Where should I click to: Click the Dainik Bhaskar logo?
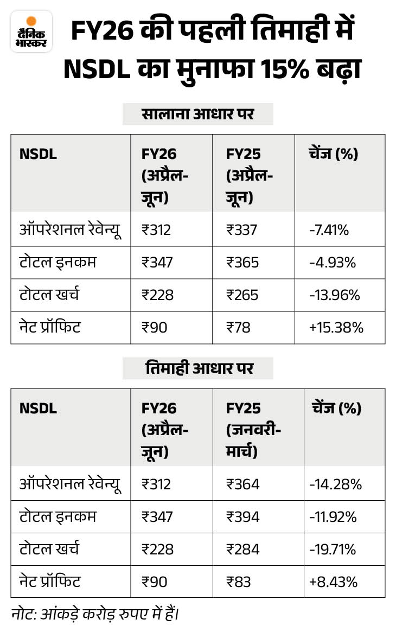[31, 31]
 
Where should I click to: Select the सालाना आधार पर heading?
[197, 114]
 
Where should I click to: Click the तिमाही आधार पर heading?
[197, 368]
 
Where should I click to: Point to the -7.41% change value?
[329, 230]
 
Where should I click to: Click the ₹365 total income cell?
[242, 263]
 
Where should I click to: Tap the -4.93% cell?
[333, 263]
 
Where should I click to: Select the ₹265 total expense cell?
[242, 295]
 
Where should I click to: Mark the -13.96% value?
[335, 295]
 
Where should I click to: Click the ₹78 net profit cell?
[238, 328]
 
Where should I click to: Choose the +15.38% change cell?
[336, 328]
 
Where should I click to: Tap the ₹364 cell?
[242, 484]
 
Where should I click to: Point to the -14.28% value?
[335, 484]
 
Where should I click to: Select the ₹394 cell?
[242, 516]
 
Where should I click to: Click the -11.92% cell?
[333, 516]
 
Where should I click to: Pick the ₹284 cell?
[242, 549]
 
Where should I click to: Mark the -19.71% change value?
[333, 549]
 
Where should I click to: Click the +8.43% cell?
[333, 582]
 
